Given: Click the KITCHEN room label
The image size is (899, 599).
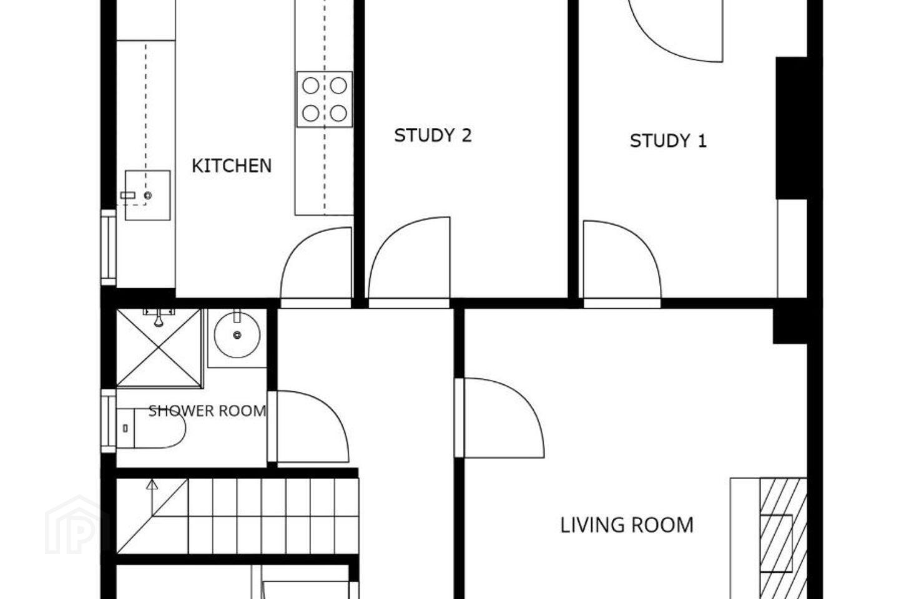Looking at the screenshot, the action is click(x=232, y=166).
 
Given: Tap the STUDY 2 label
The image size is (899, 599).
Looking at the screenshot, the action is click(x=433, y=135).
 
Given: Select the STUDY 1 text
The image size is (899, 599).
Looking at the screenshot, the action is click(x=668, y=141).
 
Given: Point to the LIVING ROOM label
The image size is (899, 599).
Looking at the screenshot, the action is click(x=627, y=525).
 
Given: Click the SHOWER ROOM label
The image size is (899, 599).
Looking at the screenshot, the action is click(x=207, y=411).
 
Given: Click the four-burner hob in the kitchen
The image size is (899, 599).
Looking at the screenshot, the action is click(x=325, y=99).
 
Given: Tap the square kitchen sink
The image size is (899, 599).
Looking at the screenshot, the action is click(x=148, y=195).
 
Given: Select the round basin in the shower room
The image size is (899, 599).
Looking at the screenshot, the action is click(x=237, y=335).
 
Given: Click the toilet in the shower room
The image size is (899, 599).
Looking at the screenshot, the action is click(x=151, y=428).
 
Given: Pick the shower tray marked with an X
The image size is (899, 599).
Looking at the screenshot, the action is click(x=159, y=348).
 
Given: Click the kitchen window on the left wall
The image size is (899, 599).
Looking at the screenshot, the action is click(x=109, y=247).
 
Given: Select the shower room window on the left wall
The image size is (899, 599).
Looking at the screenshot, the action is click(x=109, y=421).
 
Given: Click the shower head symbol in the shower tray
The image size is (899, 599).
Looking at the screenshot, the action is click(x=159, y=318).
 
